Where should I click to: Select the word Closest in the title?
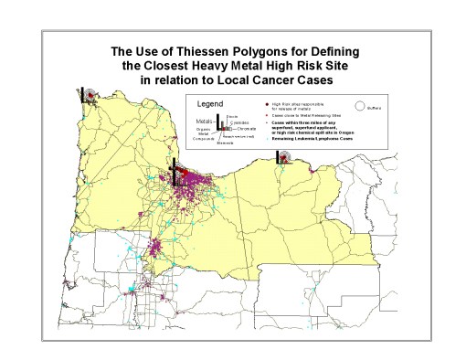pos(168,66)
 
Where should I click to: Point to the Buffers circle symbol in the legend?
pos(362,104)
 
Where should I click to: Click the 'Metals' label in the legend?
pos(204,120)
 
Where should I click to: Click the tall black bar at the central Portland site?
pos(174,172)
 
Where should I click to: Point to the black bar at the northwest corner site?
pos(81,95)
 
